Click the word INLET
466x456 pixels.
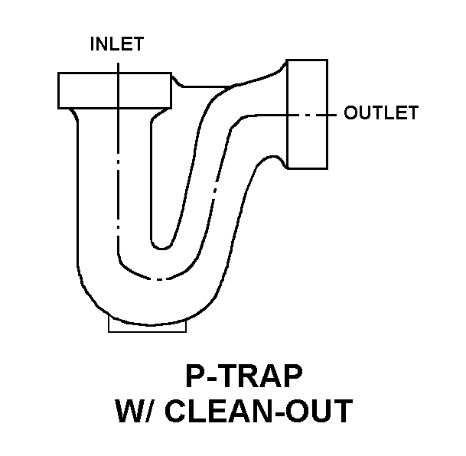117,44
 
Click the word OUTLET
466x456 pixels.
381,112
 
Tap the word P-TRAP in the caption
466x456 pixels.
244,376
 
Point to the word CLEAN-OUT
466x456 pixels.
259,411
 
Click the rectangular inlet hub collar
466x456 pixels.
115,90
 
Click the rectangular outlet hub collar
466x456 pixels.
307,114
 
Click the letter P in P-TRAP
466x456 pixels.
194,376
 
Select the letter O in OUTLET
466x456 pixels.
351,112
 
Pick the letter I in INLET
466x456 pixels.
92,44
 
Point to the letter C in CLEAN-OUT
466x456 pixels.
175,411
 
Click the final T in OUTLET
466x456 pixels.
412,112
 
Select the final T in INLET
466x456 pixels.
138,44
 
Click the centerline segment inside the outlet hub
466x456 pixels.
307,115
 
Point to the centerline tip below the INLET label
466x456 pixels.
119,63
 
